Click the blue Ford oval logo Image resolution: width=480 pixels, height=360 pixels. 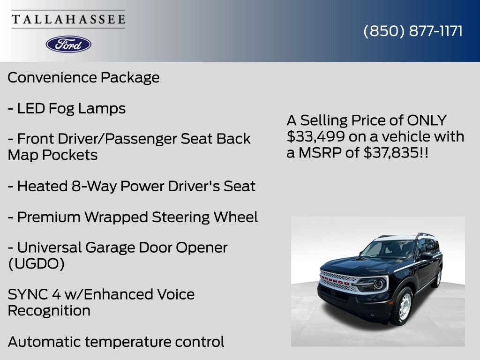pyautogui.click(x=68, y=44)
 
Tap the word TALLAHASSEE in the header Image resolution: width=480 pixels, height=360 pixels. pyautogui.click(x=68, y=20)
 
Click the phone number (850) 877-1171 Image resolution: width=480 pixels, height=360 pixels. pyautogui.click(x=413, y=31)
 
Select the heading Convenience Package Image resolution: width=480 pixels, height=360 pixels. pyautogui.click(x=83, y=77)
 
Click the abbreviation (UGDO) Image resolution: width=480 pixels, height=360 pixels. pyautogui.click(x=36, y=264)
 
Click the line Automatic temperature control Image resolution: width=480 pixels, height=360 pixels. pyautogui.click(x=116, y=342)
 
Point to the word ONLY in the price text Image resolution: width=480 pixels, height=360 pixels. pyautogui.click(x=427, y=120)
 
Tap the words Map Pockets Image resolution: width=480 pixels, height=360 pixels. pyautogui.click(x=52, y=155)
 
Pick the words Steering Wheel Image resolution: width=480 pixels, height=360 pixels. pyautogui.click(x=205, y=217)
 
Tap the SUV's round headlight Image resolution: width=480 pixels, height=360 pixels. pyautogui.click(x=378, y=284)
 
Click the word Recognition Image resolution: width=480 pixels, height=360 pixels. pyautogui.click(x=49, y=310)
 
